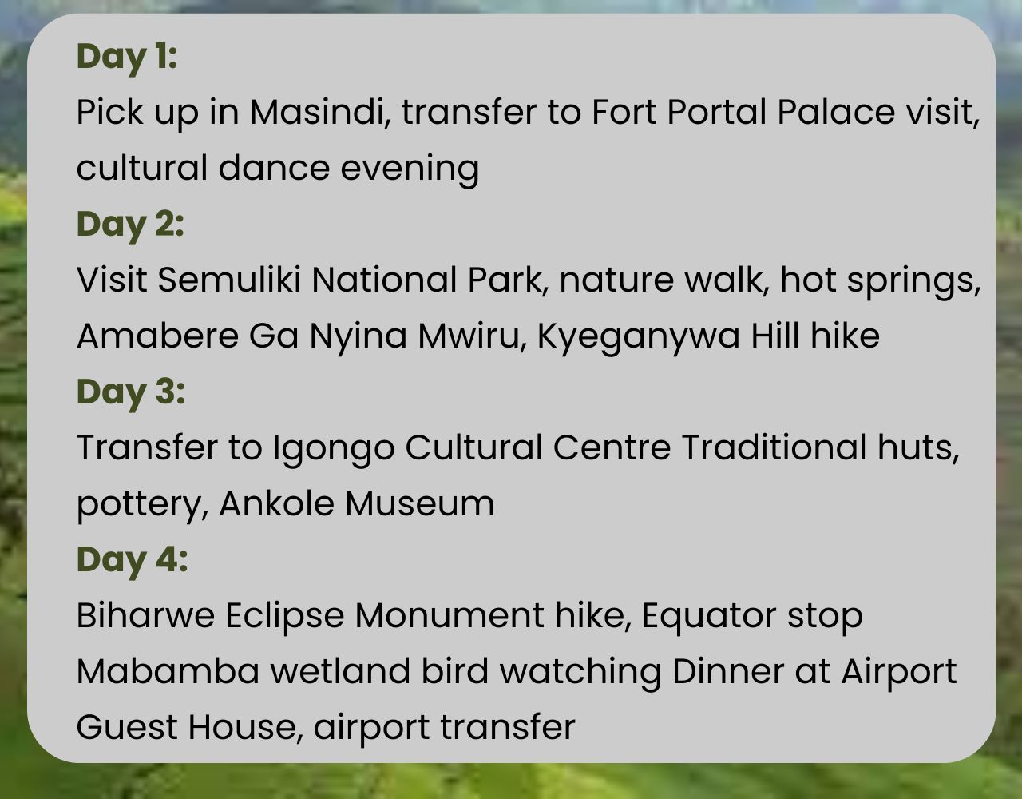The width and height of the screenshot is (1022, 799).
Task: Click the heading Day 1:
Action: pyautogui.click(x=126, y=58)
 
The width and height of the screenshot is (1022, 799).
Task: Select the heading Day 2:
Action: pyautogui.click(x=130, y=226)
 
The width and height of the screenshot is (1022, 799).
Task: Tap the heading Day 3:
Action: pyautogui.click(x=131, y=394)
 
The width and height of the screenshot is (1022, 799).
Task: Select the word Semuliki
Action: pyautogui.click(x=229, y=280)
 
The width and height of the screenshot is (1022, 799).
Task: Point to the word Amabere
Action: pyautogui.click(x=157, y=336)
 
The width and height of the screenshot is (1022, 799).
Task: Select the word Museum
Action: pyautogui.click(x=419, y=504)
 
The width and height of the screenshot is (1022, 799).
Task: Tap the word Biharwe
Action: pyautogui.click(x=146, y=615)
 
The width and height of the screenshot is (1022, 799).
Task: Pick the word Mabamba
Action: pyautogui.click(x=168, y=671)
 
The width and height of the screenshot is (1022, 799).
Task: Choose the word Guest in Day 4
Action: pyautogui.click(x=127, y=727)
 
